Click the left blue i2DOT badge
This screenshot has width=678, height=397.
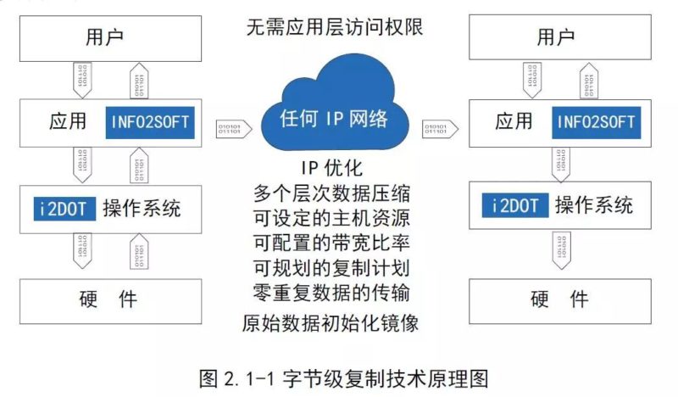(x=63, y=207)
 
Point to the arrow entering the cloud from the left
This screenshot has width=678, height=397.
(x=234, y=127)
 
